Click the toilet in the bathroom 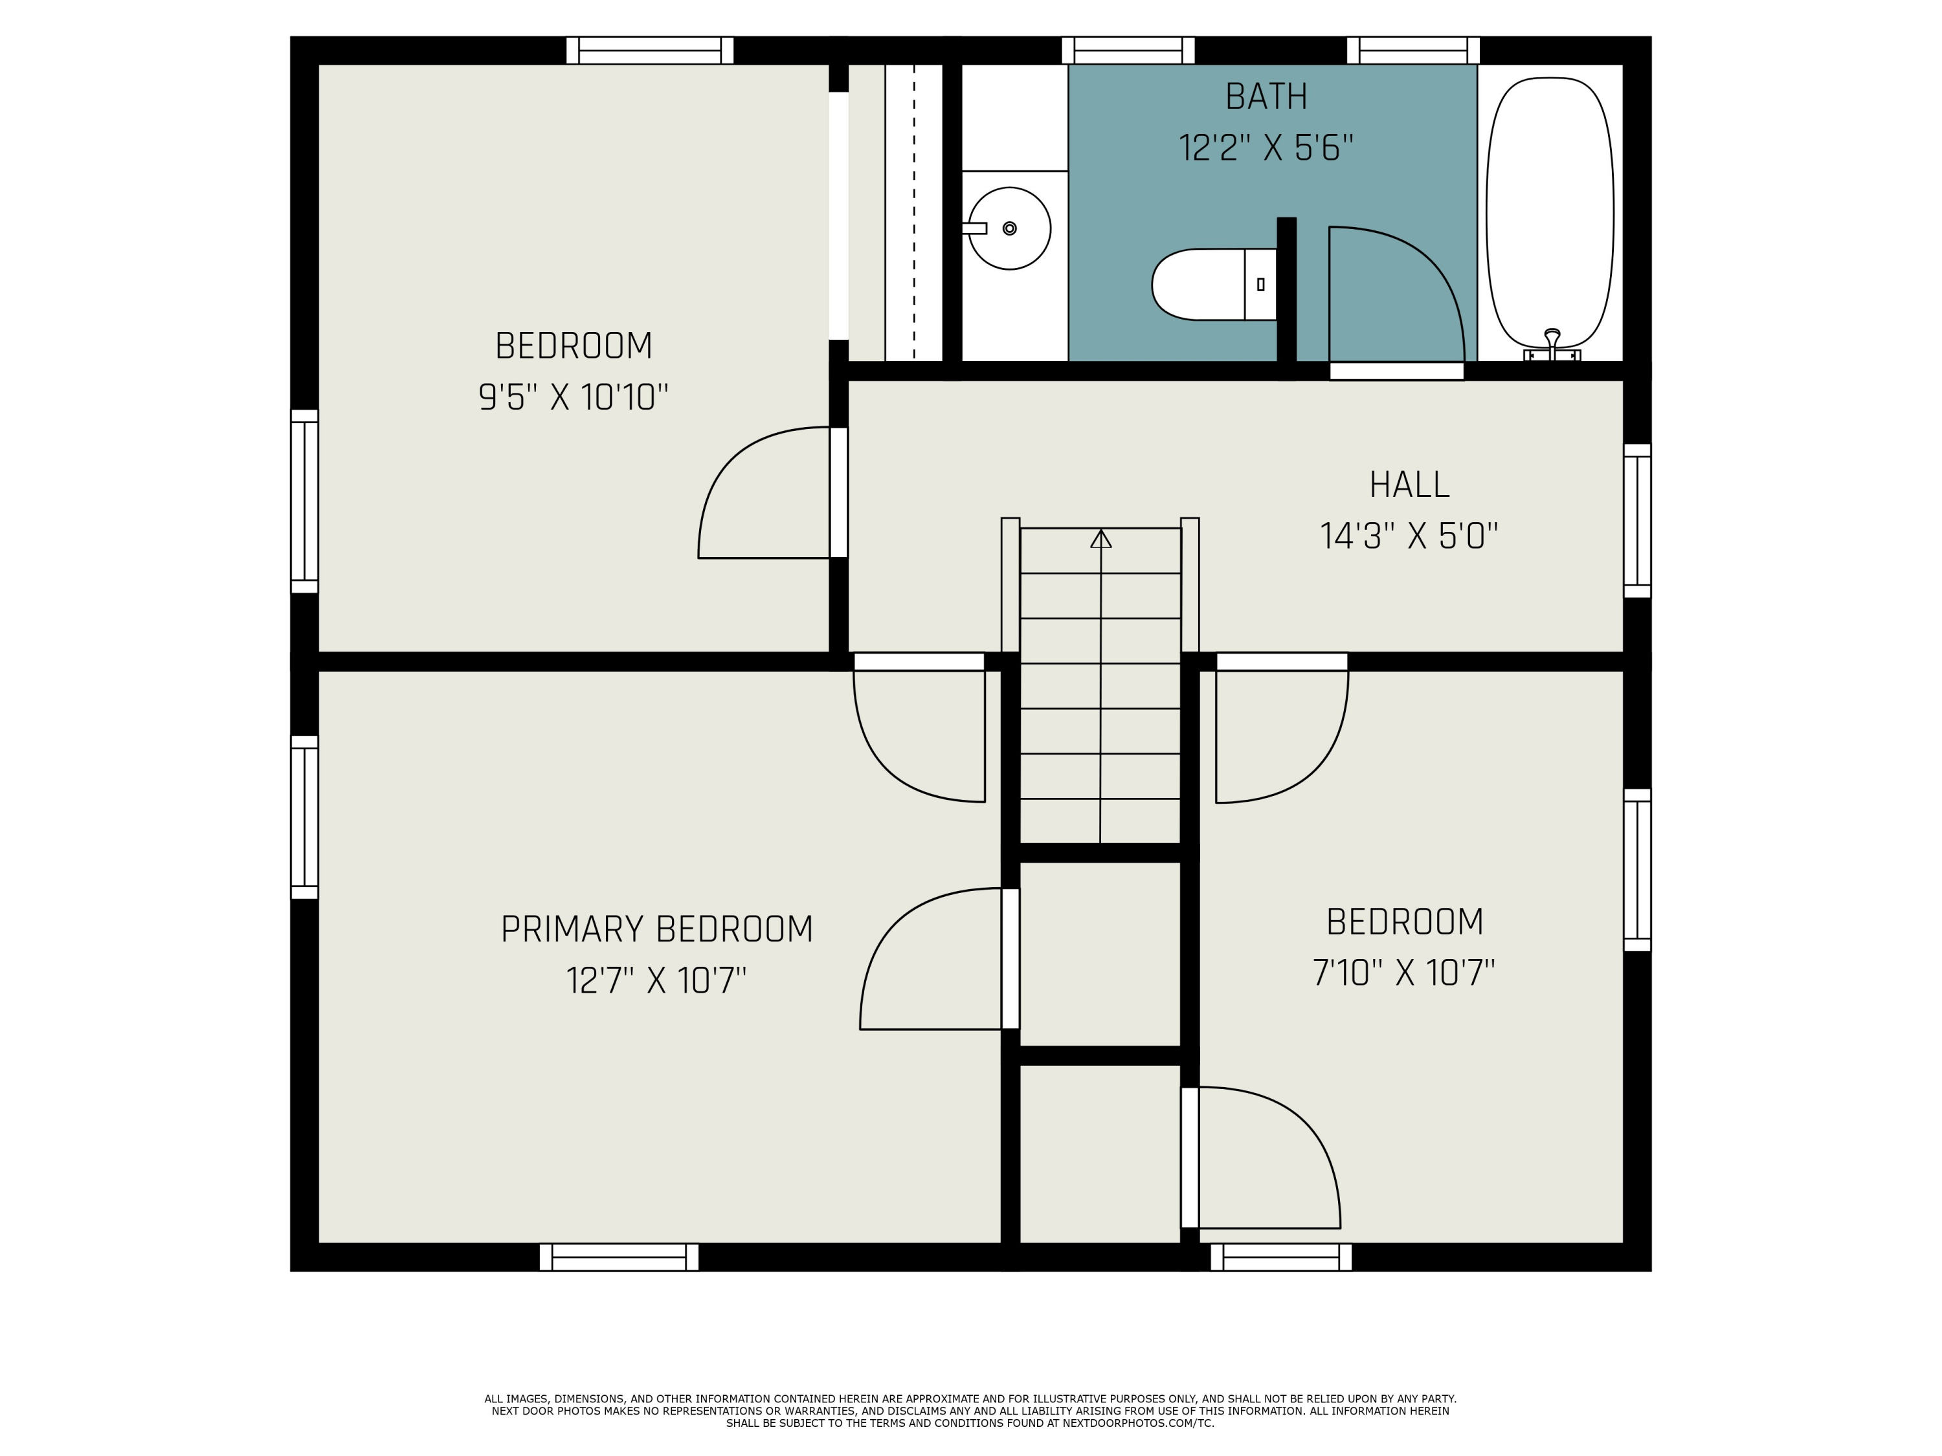[x=1214, y=284]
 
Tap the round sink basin [x=1010, y=228]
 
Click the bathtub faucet [x=1552, y=345]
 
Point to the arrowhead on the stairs [x=1101, y=539]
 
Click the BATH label [x=1266, y=96]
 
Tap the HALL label [x=1409, y=485]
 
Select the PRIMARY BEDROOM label [x=656, y=929]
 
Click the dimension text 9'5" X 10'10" [x=574, y=397]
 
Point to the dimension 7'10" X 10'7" [x=1404, y=973]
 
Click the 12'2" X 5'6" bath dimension [x=1266, y=148]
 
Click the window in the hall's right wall [x=1637, y=520]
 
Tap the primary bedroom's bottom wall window [x=619, y=1257]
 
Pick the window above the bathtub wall [x=1414, y=50]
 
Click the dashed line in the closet [x=914, y=212]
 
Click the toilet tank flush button [x=1261, y=284]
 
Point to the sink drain [x=1010, y=228]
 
